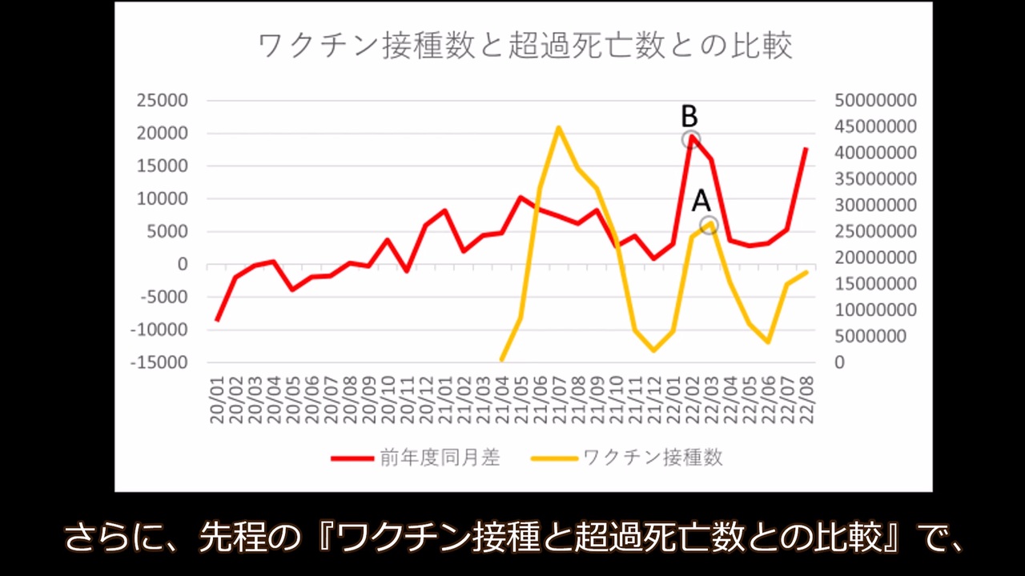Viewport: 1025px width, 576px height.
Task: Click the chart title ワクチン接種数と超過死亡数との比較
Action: pos(525,46)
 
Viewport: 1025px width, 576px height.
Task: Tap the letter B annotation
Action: pos(689,116)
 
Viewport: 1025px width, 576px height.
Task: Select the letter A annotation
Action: pos(701,201)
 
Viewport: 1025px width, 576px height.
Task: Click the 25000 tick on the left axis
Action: pos(162,100)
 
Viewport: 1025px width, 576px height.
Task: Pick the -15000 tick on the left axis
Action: pos(159,362)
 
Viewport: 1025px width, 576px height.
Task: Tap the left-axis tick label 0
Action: pos(183,264)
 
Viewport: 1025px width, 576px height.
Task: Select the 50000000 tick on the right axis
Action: pos(875,100)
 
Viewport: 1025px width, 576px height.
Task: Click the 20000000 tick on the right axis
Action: pos(875,258)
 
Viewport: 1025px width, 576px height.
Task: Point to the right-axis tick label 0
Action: pos(840,362)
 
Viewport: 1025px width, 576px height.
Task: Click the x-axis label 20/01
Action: pos(216,400)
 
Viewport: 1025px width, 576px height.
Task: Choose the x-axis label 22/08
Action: pos(806,400)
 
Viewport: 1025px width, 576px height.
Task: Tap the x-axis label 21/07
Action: pos(559,400)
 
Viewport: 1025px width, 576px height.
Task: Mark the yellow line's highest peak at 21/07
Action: pos(558,127)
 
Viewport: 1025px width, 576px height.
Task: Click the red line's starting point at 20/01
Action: pos(217,320)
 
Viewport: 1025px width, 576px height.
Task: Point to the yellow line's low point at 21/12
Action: pos(653,350)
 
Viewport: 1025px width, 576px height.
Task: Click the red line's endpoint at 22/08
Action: pos(806,149)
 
